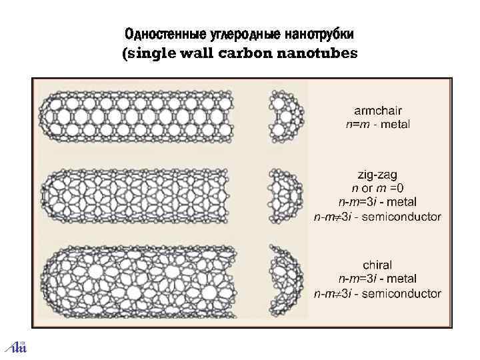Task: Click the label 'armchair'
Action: [377, 110]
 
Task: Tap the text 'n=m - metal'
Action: [377, 123]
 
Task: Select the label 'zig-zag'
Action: [377, 175]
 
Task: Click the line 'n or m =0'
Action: [377, 188]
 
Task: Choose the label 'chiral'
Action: [377, 265]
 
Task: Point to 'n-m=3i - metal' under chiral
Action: [377, 279]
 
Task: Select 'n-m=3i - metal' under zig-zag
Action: [377, 202]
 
